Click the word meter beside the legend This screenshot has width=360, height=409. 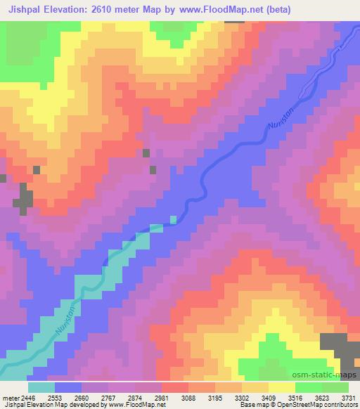10,397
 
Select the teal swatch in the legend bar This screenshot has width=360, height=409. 41,387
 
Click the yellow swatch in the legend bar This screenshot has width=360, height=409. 281,387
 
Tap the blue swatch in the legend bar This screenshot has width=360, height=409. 68,387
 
